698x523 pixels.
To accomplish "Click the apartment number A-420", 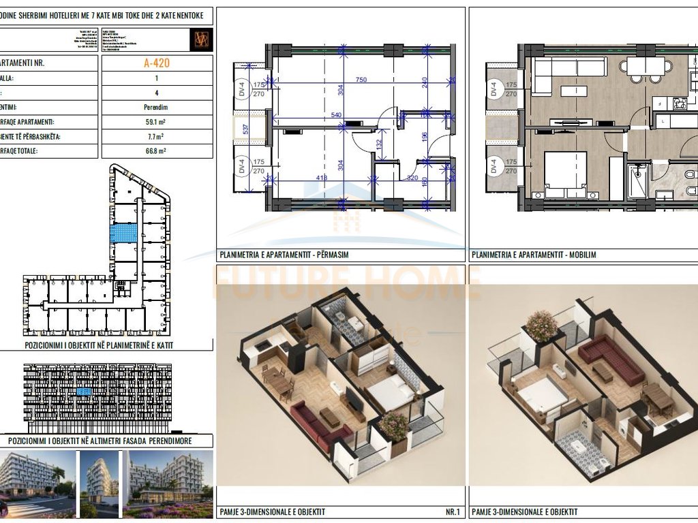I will [x=156, y=63].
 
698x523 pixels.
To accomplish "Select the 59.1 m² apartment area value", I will [x=156, y=123].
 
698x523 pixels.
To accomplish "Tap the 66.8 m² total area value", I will [x=156, y=151].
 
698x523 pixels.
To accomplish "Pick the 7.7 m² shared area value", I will [x=156, y=137].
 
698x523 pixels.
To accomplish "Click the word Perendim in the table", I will [x=156, y=108].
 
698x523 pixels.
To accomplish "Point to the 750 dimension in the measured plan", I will [x=361, y=80].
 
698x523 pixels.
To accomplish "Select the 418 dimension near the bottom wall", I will [x=322, y=178].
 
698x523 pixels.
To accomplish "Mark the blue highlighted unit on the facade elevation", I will [x=84, y=392].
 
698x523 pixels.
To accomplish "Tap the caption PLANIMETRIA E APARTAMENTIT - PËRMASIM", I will [x=284, y=255].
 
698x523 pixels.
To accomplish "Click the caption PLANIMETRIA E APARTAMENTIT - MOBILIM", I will [x=534, y=255].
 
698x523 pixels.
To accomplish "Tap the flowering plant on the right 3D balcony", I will [x=542, y=325].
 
